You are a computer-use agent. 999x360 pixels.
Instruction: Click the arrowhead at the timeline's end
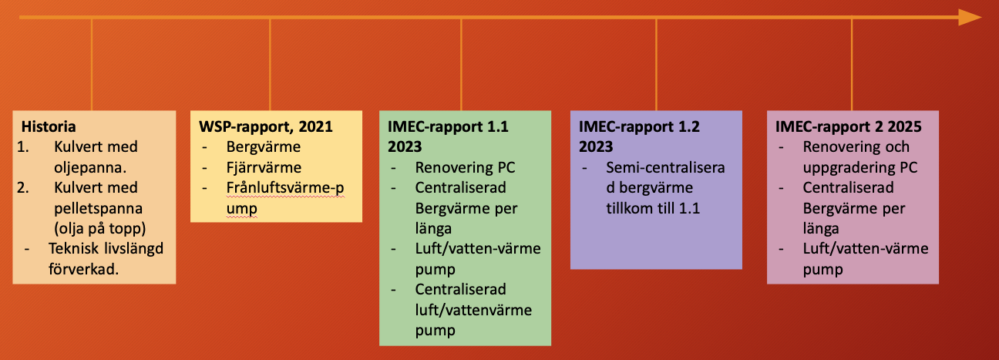pyautogui.click(x=970, y=17)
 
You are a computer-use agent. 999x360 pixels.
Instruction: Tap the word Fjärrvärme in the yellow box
pyautogui.click(x=264, y=168)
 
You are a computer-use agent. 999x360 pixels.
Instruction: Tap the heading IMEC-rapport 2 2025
pyautogui.click(x=848, y=127)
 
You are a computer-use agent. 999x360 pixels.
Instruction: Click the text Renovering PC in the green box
pyautogui.click(x=465, y=168)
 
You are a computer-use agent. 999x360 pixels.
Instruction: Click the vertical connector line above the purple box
pyautogui.click(x=656, y=66)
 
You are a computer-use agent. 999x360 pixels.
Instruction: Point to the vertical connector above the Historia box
pyautogui.click(x=92, y=66)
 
